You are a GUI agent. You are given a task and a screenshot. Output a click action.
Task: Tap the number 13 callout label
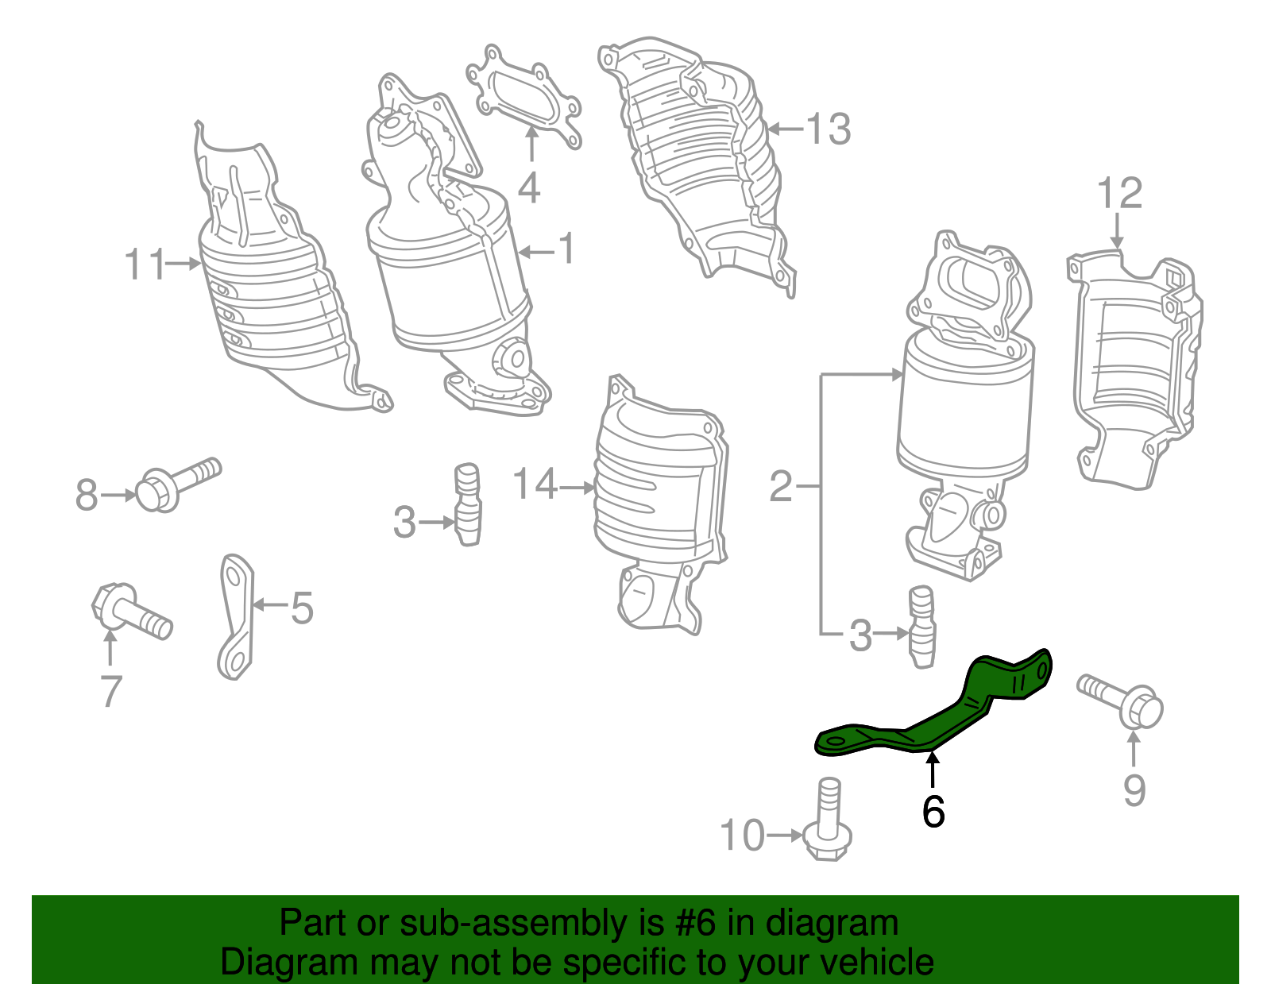pyautogui.click(x=829, y=129)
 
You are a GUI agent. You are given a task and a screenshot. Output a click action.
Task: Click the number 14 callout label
pyautogui.click(x=535, y=484)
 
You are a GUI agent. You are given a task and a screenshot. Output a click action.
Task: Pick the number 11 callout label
pyautogui.click(x=145, y=264)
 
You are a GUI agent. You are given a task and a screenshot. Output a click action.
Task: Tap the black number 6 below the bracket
pyautogui.click(x=933, y=811)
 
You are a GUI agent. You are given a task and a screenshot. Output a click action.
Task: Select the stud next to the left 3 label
pyautogui.click(x=467, y=504)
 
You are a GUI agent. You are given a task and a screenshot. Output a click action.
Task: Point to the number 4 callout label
pyautogui.click(x=529, y=188)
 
